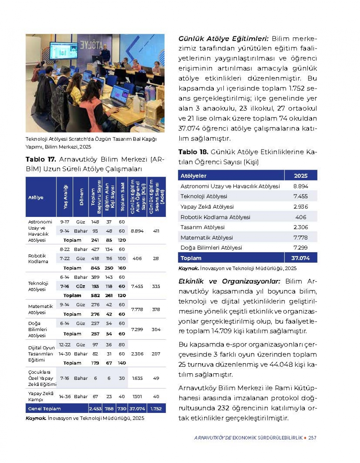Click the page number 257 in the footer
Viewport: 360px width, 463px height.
(x=312, y=438)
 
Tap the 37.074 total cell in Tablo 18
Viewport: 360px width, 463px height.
(x=300, y=258)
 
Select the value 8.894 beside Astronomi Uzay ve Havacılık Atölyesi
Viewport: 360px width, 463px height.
(x=301, y=186)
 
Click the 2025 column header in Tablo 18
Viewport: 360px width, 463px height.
(x=301, y=176)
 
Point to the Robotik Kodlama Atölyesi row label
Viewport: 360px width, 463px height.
(x=215, y=217)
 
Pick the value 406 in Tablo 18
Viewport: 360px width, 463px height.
(x=301, y=217)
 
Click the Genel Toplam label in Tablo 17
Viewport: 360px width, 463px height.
(x=45, y=409)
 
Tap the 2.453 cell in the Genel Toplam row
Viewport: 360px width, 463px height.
(x=95, y=409)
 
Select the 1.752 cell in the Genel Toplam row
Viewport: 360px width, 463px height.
(x=156, y=409)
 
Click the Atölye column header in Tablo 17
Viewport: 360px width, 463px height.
(x=36, y=197)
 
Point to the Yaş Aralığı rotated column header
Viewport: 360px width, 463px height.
(x=65, y=197)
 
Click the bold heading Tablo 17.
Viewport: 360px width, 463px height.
(x=40, y=159)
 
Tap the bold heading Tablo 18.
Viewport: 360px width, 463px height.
(x=193, y=152)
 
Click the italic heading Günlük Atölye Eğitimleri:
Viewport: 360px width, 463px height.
(x=223, y=39)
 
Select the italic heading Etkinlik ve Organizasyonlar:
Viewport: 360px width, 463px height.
(x=229, y=281)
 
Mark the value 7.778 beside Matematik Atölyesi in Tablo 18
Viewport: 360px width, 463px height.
(x=301, y=237)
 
